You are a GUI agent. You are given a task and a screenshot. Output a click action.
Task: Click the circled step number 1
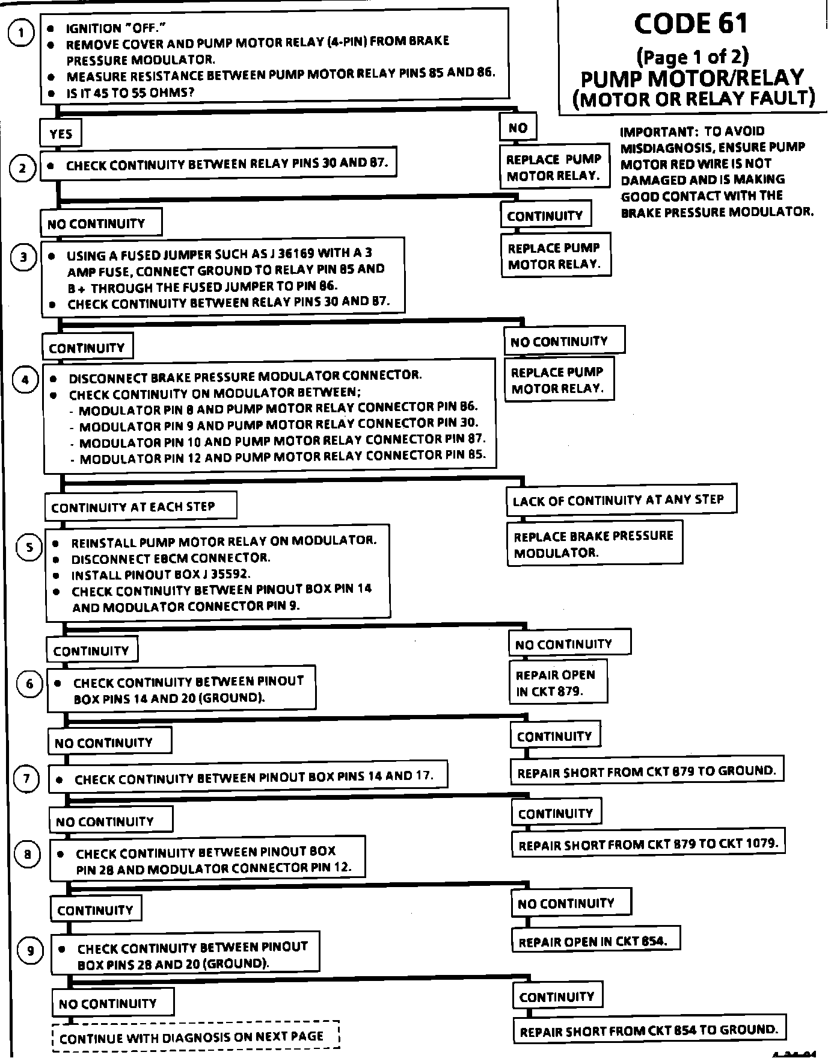click(22, 33)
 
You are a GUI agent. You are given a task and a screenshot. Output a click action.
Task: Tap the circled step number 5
click(29, 548)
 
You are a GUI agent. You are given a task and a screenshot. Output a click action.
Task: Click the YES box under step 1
click(61, 134)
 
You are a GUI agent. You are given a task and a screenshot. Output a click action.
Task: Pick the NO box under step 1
click(518, 128)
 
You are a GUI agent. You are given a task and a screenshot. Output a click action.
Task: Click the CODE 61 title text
click(691, 24)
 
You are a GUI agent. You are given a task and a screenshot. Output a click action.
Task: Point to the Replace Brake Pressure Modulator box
click(594, 544)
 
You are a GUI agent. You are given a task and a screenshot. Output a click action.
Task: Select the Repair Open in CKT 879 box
click(557, 683)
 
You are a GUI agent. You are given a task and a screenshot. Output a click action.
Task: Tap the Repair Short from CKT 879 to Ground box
click(646, 771)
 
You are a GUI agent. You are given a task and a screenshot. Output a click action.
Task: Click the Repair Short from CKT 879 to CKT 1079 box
click(648, 844)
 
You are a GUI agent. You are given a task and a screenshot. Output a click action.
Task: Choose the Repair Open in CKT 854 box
click(595, 941)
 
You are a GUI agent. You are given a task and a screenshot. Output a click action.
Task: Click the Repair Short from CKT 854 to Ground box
click(649, 1031)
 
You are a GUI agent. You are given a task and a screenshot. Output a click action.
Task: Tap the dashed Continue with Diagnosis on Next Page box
click(196, 1037)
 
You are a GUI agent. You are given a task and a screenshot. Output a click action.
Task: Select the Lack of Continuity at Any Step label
click(620, 500)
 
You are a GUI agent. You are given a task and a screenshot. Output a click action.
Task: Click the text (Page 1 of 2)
click(692, 57)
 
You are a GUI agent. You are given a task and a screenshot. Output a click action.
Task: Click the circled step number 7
click(26, 779)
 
